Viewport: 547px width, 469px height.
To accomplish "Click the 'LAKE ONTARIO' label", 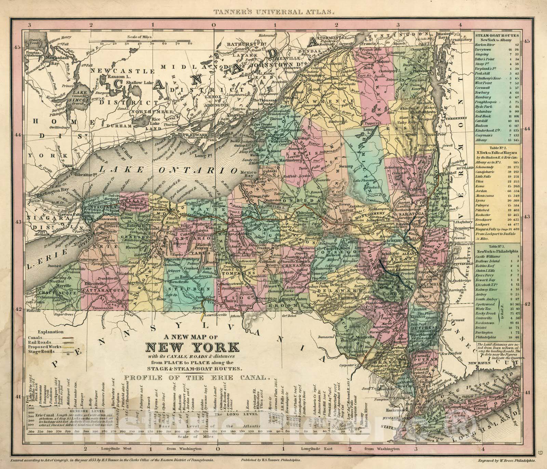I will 168,169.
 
